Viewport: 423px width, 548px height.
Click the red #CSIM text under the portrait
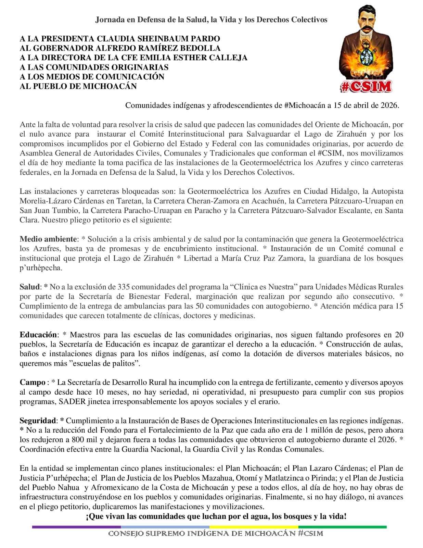tap(366, 87)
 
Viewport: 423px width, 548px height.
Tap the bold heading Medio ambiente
tap(48, 239)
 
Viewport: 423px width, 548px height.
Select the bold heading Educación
tap(38, 335)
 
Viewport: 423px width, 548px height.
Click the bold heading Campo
tap(33, 383)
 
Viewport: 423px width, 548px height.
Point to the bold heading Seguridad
tap(38, 421)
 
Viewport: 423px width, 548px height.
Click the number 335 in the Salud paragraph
tap(124, 287)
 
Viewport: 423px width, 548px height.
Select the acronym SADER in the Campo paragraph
tap(72, 402)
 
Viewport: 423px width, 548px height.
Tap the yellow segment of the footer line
tap(254, 527)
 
